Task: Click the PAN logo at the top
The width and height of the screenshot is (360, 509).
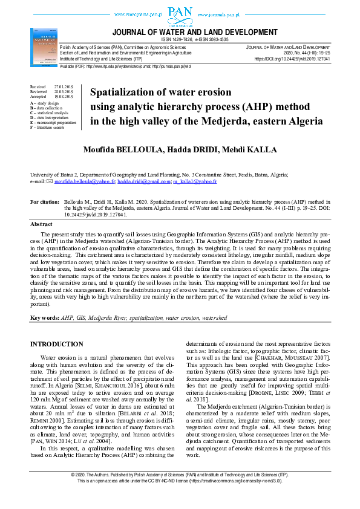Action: [180, 12]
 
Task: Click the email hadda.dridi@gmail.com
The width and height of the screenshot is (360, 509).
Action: [144, 181]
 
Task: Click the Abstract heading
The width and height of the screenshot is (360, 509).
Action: [41, 224]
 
